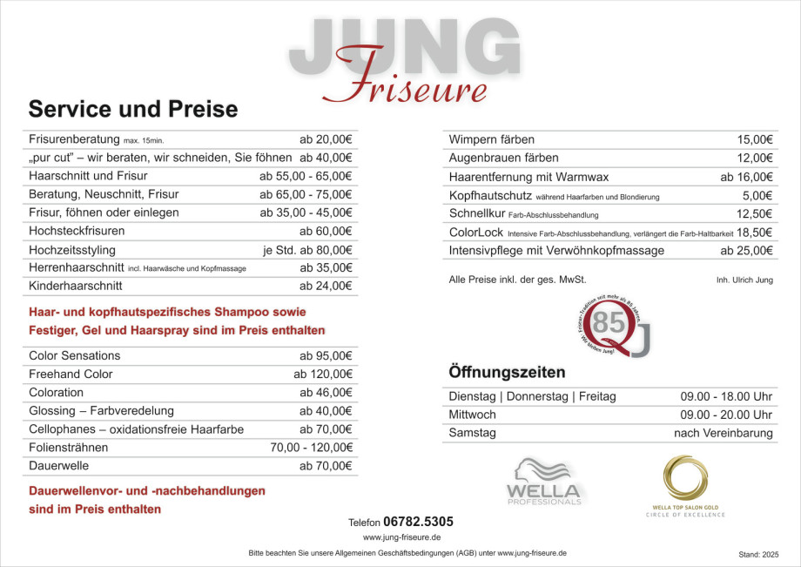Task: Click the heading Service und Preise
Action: point(132,110)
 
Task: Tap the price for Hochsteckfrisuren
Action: point(326,231)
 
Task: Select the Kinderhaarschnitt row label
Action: point(74,286)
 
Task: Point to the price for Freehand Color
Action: point(322,375)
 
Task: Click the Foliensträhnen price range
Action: point(312,448)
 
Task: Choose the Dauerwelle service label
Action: point(58,466)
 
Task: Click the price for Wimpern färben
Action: point(755,139)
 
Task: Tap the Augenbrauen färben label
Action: point(503,158)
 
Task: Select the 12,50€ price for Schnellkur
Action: point(754,213)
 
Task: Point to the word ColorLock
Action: point(475,233)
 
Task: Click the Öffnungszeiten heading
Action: point(507,373)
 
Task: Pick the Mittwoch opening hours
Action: point(726,415)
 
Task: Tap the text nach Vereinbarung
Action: point(723,433)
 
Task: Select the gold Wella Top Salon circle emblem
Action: point(685,478)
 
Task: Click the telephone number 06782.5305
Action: point(419,522)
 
